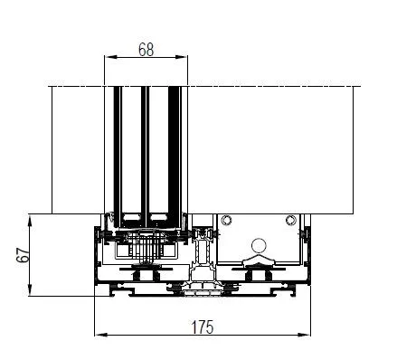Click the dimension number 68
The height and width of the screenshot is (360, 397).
pyautogui.click(x=147, y=50)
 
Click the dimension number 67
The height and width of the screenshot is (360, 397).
pyautogui.click(x=24, y=255)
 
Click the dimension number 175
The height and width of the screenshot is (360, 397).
pyautogui.click(x=203, y=327)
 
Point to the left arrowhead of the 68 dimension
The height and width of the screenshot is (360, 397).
pyautogui.click(x=110, y=57)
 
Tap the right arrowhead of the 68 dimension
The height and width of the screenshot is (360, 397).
pyautogui.click(x=182, y=57)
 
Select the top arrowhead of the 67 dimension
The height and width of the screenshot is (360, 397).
pyautogui.click(x=30, y=221)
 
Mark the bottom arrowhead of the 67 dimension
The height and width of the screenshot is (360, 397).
pyautogui.click(x=30, y=289)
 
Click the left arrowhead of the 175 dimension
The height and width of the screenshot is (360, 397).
pyautogui.click(x=101, y=335)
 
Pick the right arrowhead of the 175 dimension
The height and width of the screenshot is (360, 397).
pyautogui.click(x=304, y=335)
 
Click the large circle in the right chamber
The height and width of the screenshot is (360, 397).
pyautogui.click(x=259, y=246)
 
